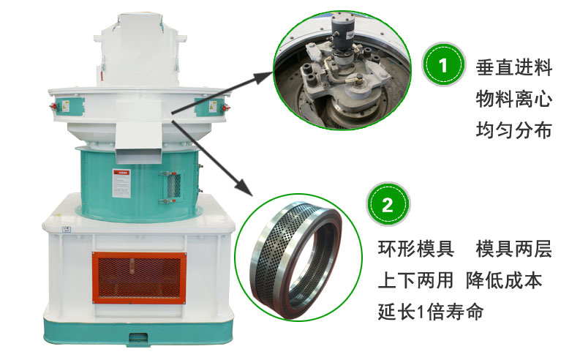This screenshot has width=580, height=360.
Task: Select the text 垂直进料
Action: pos(513,68)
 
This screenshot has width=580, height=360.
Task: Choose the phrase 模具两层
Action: pos(513,249)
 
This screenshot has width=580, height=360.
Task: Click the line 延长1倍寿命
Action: pos(431,312)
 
